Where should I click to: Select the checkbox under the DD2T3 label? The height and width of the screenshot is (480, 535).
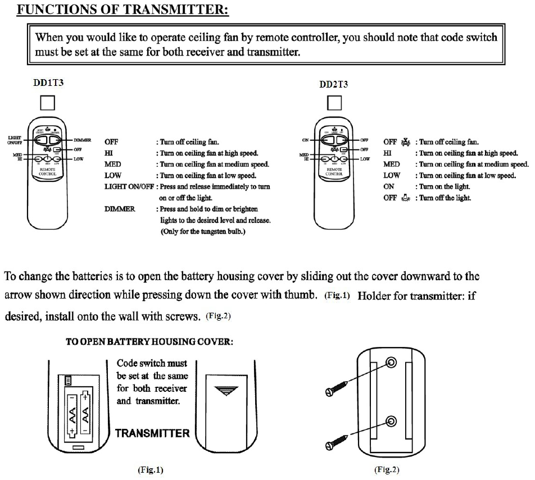coord(334,103)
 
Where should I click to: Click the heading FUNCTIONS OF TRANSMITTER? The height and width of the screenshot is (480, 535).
coord(123,11)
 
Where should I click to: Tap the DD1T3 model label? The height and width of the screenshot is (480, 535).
coord(48,83)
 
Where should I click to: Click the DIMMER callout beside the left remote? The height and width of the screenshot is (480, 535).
coord(83,139)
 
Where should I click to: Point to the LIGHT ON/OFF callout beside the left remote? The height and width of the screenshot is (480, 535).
coord(15,140)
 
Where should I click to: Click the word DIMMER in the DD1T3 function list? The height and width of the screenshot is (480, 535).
coord(120,209)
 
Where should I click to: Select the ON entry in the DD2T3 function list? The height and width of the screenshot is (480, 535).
coord(389,186)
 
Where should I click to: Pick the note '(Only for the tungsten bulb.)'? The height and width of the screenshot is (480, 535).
coord(203,231)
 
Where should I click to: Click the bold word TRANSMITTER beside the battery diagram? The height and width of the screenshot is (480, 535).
coord(152,433)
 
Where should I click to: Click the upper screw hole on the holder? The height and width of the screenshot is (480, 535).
coord(392,364)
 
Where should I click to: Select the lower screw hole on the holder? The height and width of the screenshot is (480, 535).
coord(392,420)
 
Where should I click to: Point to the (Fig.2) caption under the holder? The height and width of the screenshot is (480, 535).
coord(387,469)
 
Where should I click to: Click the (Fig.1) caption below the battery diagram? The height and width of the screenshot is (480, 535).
coord(150,469)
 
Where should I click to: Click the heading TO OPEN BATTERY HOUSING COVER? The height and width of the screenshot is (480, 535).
coord(149,341)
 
